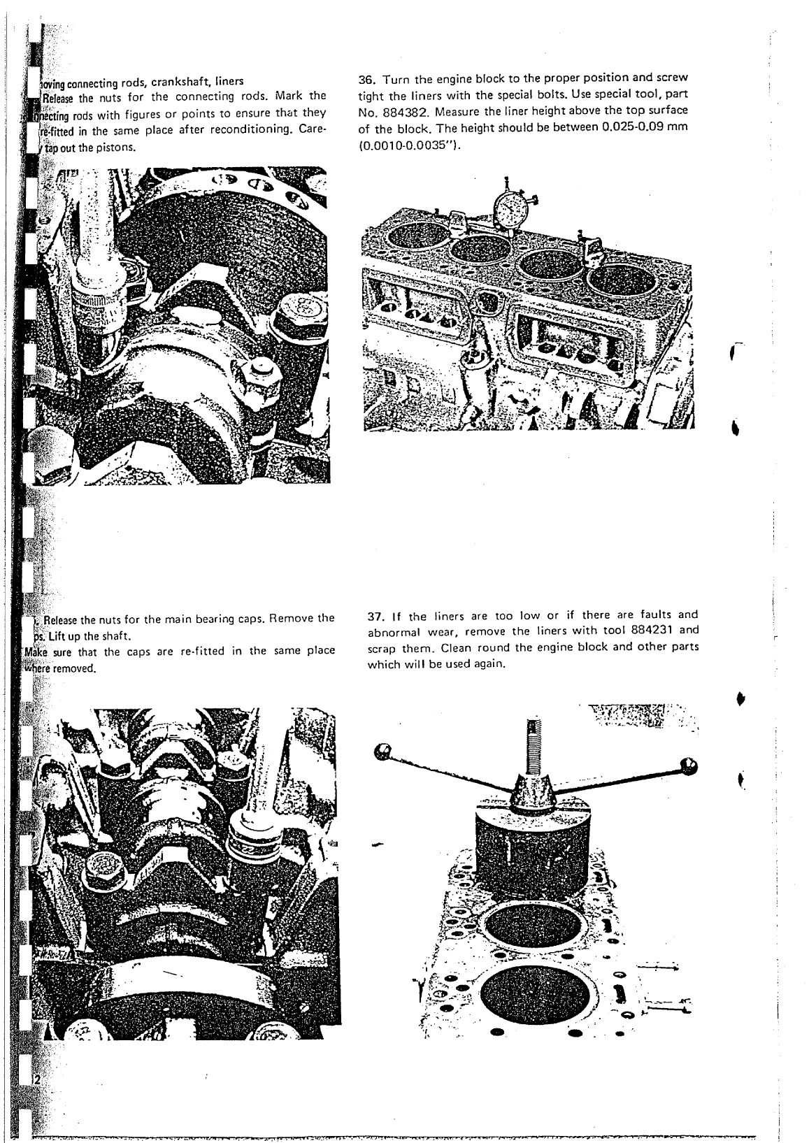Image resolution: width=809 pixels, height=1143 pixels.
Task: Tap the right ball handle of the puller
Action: tap(689, 765)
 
